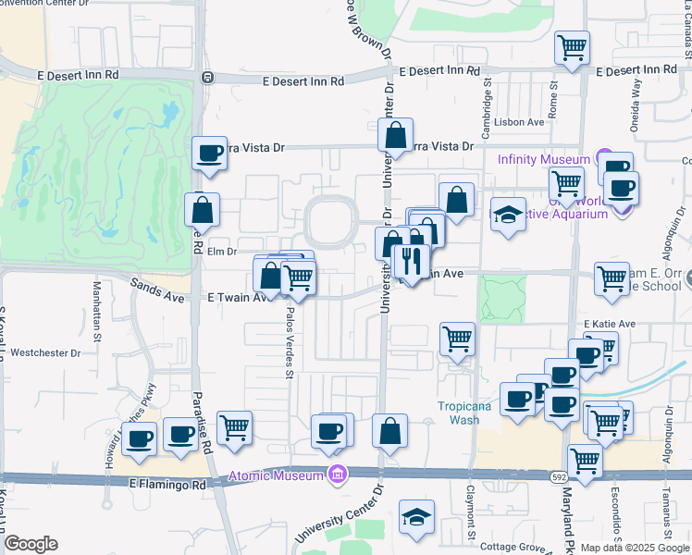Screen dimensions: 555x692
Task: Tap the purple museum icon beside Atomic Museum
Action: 338,475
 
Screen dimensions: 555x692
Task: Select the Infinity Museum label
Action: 543,159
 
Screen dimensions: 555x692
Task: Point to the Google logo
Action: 31,544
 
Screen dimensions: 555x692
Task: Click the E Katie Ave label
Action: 610,324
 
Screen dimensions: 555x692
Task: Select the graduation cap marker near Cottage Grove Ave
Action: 416,516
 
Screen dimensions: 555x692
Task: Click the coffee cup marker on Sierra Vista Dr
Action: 210,153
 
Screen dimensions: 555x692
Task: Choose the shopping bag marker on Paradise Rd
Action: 201,209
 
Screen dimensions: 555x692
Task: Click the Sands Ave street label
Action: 151,288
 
